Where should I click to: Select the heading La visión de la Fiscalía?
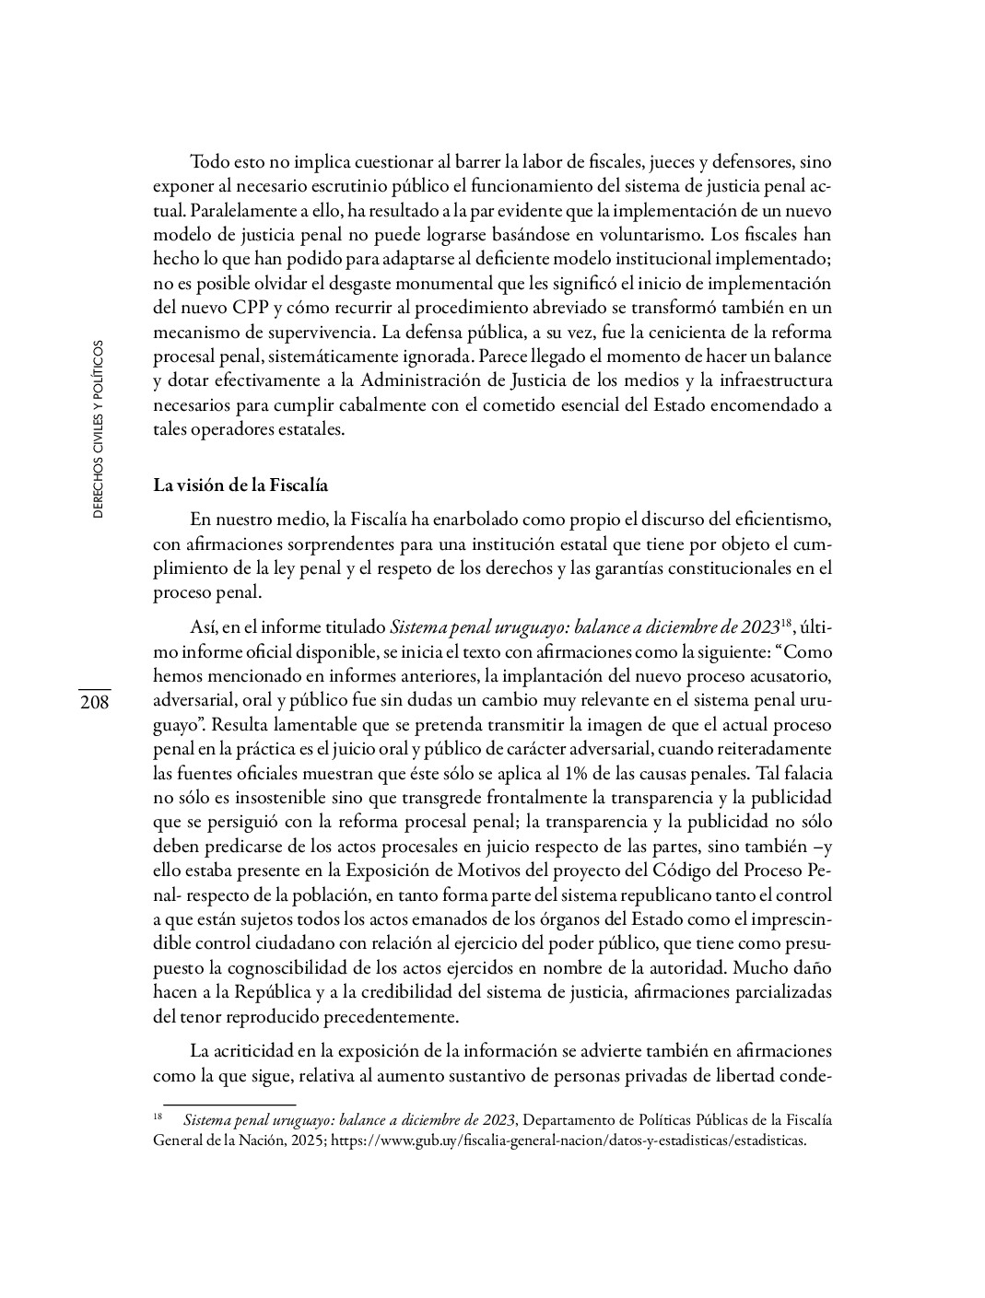coord(240,485)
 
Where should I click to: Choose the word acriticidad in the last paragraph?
coord(257,1051)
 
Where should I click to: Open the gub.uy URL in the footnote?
coord(569,1140)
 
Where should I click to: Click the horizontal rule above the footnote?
coord(229,1104)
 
